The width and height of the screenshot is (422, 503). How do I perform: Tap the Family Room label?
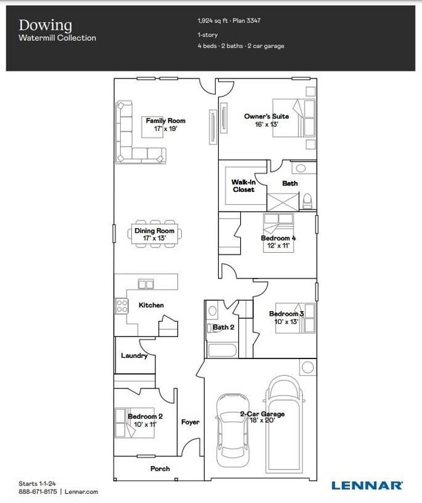pos(165,121)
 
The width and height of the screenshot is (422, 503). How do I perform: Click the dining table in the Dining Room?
pos(155,234)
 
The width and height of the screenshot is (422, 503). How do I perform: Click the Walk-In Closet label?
pos(243,186)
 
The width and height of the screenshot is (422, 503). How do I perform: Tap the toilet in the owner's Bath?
pos(308,200)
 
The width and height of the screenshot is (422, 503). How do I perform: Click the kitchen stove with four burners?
pos(121,305)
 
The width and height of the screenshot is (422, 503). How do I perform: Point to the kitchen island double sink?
pos(146,284)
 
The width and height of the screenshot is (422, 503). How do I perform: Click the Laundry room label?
pos(134,355)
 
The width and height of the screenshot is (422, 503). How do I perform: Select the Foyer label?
pos(190,422)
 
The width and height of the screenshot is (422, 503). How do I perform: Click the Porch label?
pos(160,469)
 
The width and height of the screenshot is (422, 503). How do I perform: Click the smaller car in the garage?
pos(232,424)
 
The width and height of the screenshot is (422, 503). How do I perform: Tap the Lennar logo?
pos(367,485)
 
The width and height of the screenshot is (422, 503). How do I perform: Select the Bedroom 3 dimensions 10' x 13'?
pos(286,322)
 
